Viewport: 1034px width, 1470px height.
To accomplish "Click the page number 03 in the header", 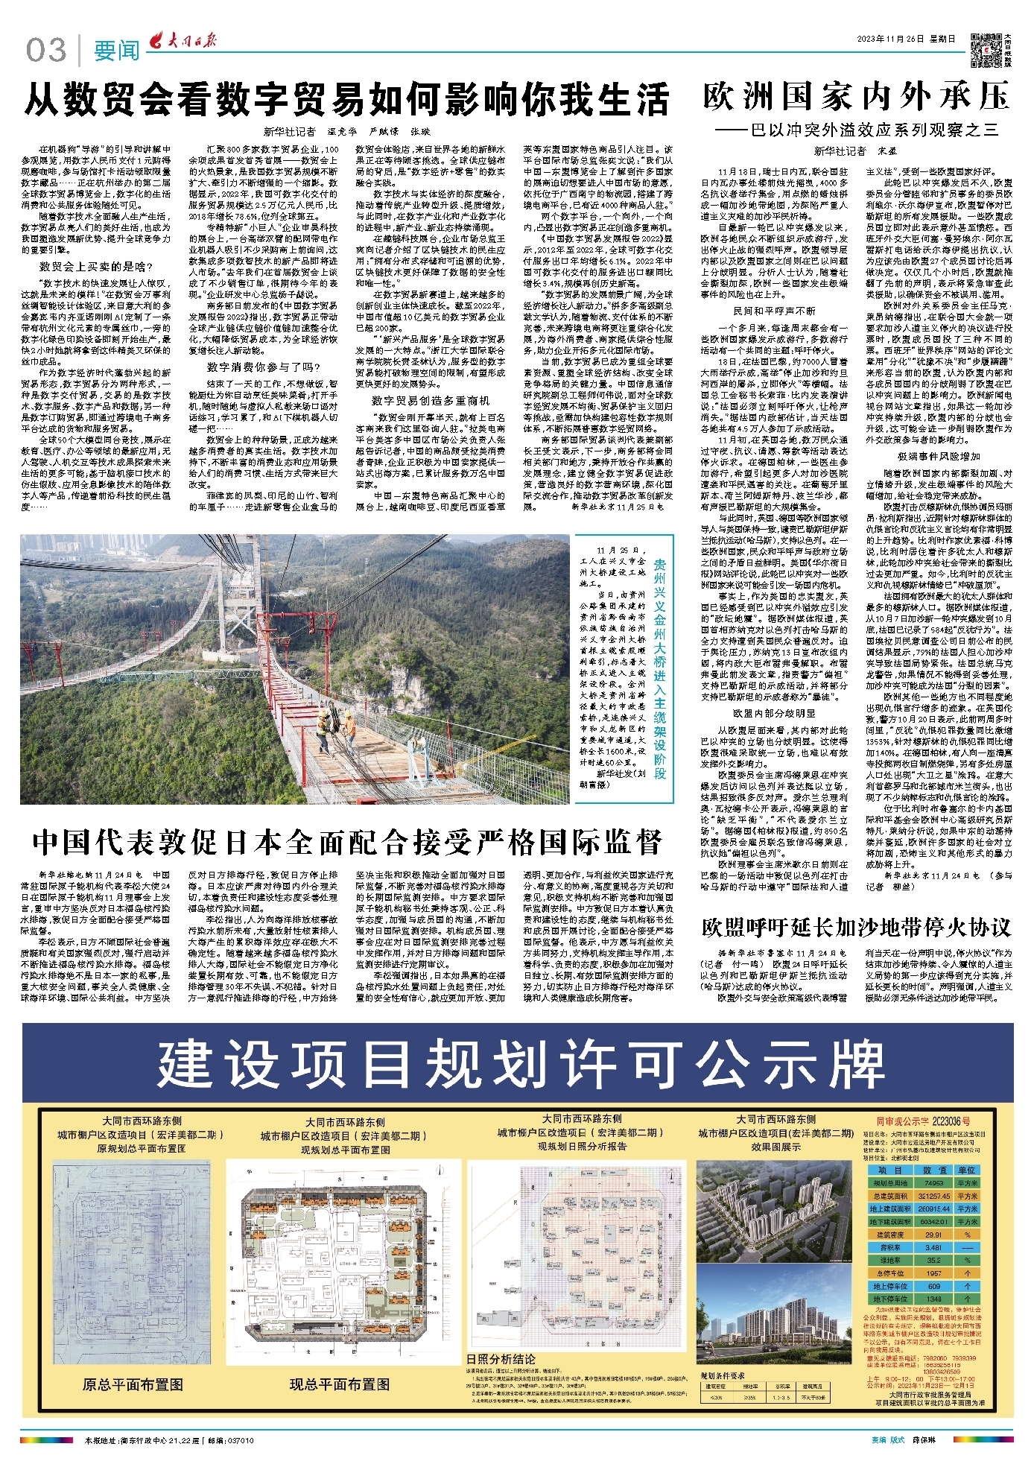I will coord(45,50).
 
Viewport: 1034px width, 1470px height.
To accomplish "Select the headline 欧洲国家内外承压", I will coord(856,97).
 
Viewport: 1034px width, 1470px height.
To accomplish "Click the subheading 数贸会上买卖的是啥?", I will coord(96,267).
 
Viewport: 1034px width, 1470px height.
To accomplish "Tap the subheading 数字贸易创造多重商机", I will coord(431,400).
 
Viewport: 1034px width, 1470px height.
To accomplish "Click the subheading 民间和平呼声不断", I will coord(774,311).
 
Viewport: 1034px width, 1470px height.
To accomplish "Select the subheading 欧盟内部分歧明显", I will coord(774,713).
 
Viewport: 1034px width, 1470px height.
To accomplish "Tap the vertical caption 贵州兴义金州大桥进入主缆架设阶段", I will coord(659,670).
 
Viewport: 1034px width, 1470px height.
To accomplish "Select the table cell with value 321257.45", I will coord(934,1196).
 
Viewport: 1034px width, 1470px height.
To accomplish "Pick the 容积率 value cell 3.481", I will coord(934,1247).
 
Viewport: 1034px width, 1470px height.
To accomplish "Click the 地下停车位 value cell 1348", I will coord(934,1299).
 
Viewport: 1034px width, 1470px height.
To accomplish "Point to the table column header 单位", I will coord(967,1170).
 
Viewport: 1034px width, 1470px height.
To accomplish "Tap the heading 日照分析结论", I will coord(501,1358).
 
